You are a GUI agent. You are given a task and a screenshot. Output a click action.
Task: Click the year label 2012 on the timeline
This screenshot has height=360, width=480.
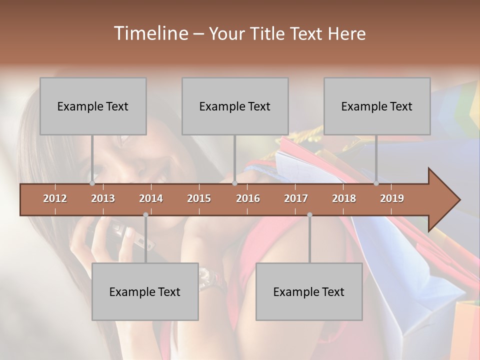(x=55, y=198)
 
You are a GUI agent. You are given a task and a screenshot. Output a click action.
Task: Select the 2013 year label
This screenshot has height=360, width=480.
(x=103, y=198)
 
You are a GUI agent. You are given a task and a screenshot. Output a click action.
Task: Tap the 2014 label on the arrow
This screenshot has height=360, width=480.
(x=151, y=198)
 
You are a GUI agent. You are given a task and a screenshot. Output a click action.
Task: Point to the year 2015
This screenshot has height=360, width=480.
(x=199, y=198)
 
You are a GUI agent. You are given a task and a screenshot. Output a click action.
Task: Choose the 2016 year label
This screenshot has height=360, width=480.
(x=248, y=198)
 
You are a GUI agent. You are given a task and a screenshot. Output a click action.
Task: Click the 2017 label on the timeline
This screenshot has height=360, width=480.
(x=296, y=198)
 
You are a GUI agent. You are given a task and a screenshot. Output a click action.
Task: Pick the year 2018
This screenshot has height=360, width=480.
(x=344, y=198)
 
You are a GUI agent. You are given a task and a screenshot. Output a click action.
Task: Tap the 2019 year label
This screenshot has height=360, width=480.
(x=392, y=198)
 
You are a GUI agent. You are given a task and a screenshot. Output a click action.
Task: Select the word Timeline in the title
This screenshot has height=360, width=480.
(x=150, y=33)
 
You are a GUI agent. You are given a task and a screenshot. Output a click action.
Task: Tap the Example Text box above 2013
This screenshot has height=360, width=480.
(x=93, y=106)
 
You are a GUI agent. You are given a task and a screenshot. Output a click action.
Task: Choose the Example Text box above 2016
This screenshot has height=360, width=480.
(x=235, y=106)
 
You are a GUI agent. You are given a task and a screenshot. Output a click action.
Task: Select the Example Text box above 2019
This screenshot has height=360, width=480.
(x=377, y=106)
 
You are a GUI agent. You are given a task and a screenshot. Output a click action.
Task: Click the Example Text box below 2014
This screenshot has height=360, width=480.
(x=145, y=291)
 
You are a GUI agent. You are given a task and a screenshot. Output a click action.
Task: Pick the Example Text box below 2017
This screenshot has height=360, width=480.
(x=309, y=291)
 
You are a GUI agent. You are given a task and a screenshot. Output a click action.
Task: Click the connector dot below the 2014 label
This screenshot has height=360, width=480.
(x=145, y=215)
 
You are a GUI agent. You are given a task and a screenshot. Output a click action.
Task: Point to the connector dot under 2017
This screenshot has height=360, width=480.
(x=309, y=215)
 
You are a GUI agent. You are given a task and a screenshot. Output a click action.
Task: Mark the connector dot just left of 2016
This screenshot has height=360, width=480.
(x=234, y=183)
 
